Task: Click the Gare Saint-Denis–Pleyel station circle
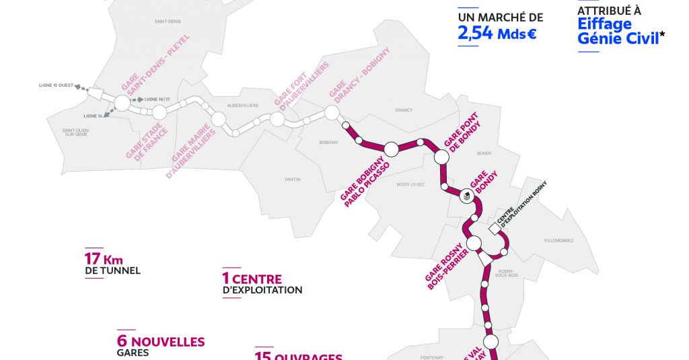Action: point(122,103)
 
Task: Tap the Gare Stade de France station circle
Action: point(159,112)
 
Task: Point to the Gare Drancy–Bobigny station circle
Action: point(331,113)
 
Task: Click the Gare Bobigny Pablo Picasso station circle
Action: point(391,149)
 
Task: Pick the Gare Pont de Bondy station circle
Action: point(441,157)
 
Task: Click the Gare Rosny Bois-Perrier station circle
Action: point(474,243)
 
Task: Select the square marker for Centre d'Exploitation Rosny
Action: point(495,229)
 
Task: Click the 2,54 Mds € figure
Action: point(497,33)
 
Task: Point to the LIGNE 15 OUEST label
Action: point(55,85)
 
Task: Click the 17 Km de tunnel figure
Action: point(112,263)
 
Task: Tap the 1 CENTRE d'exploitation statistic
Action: point(262,283)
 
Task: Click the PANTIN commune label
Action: point(293,179)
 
